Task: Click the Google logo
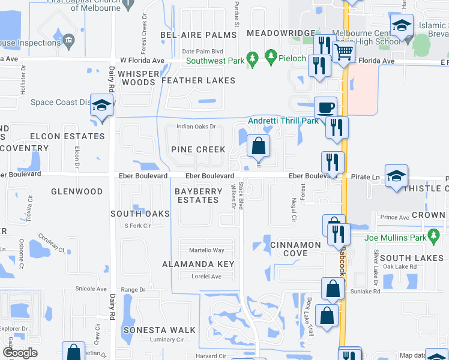coord(20,353)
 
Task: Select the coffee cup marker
coord(325,107)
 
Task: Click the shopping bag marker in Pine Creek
coord(258,146)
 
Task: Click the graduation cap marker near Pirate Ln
coord(396,175)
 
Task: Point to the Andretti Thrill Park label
coord(283,121)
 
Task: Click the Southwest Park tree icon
coord(253,57)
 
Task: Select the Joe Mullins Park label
coord(394,238)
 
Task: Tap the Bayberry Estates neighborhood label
coord(197,196)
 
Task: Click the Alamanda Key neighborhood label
coord(198,264)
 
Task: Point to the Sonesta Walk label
coord(160,330)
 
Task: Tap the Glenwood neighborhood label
coord(77,192)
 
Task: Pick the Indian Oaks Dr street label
coord(196,127)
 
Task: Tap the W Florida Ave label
coord(142,61)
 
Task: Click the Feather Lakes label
coord(198,80)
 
